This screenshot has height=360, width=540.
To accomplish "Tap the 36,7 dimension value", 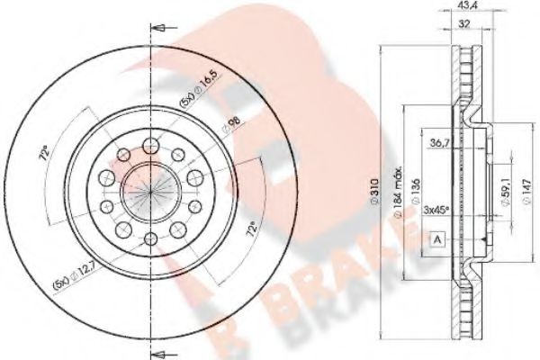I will pyautogui.click(x=441, y=143).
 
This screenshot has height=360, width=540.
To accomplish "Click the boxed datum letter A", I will pyautogui.click(x=436, y=239).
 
